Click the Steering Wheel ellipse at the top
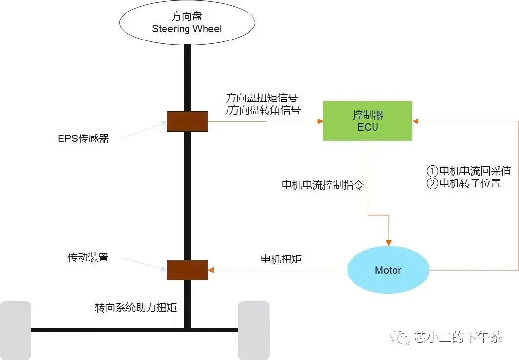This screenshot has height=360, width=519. pos(187,23)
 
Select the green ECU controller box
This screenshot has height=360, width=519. pos(367,121)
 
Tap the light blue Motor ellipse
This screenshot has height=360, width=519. pos(388,270)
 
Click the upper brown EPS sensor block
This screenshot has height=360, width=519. pos(187,121)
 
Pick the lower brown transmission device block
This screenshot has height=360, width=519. pos(187,270)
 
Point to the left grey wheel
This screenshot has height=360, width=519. pos(16,330)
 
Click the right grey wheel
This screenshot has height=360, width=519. pos(253,330)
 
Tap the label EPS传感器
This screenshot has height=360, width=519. pos(83,139)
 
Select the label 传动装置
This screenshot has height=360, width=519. pos(88,257)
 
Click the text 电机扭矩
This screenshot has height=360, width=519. pos(281,259)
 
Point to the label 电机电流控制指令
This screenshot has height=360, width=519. pos(323,185)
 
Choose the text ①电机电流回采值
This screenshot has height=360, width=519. pos(469,171)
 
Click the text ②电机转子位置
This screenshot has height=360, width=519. pos(464,183)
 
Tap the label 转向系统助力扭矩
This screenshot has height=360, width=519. pos(135,308)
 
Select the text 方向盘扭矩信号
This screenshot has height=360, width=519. pos(262,97)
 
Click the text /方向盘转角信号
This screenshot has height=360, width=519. pos(263,110)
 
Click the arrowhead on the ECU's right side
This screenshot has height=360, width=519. pos(415,121)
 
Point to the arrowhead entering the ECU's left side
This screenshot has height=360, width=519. pos(320,121)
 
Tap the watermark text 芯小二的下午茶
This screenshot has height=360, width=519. pos(457,337)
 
